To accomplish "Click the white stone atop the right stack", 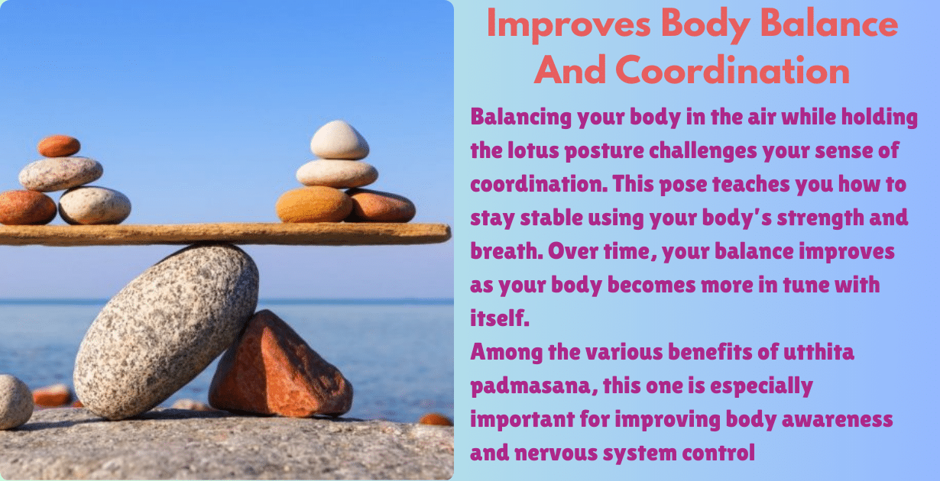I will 340,140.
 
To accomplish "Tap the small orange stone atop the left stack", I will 58,145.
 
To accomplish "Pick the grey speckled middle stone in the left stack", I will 60,173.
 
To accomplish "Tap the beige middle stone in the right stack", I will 337,173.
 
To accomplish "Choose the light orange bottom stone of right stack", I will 313,204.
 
